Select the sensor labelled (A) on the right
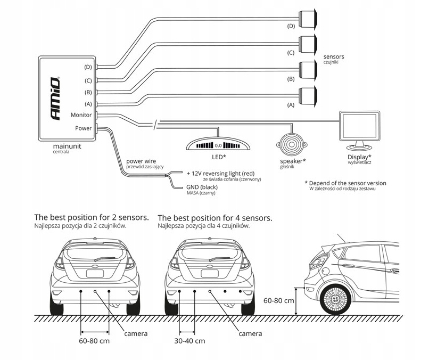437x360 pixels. pyautogui.click(x=308, y=96)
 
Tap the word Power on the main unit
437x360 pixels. pyautogui.click(x=83, y=128)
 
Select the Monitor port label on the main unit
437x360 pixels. pyautogui.click(x=81, y=115)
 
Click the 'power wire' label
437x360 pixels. pyautogui.click(x=142, y=161)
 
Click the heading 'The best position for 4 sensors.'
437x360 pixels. pyautogui.click(x=215, y=218)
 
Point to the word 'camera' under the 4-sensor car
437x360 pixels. pyautogui.click(x=250, y=333)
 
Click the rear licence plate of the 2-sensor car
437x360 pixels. pyautogui.click(x=95, y=273)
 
